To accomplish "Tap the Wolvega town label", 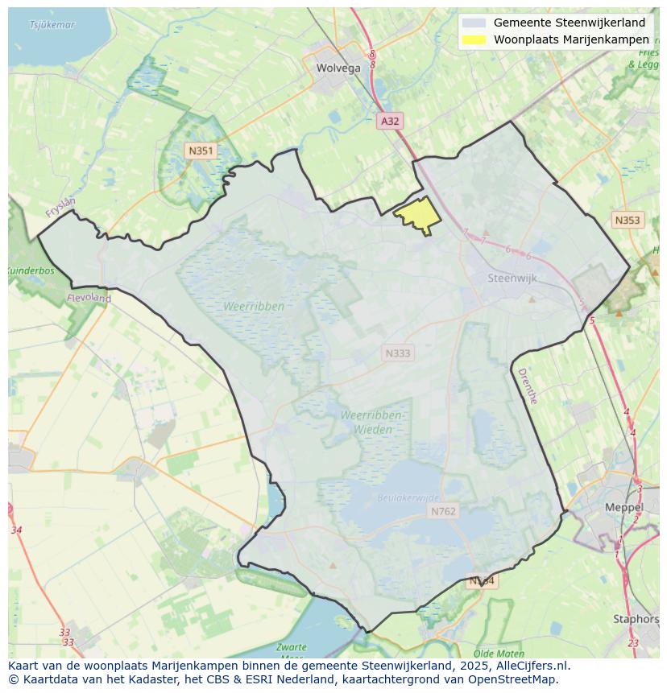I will click(x=338, y=68).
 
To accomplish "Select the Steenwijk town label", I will click(x=512, y=278).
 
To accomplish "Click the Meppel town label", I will click(x=624, y=508).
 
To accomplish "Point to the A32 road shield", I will click(x=390, y=121).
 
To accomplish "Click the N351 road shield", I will click(x=200, y=151).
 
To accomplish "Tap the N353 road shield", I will click(x=627, y=220).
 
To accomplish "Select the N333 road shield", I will click(x=397, y=353).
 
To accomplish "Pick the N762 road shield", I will click(x=443, y=511).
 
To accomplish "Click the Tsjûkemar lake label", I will click(x=52, y=25).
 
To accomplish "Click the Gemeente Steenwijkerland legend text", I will click(x=570, y=23).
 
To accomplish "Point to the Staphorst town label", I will click(x=636, y=619).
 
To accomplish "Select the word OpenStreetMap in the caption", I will click(x=517, y=679).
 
